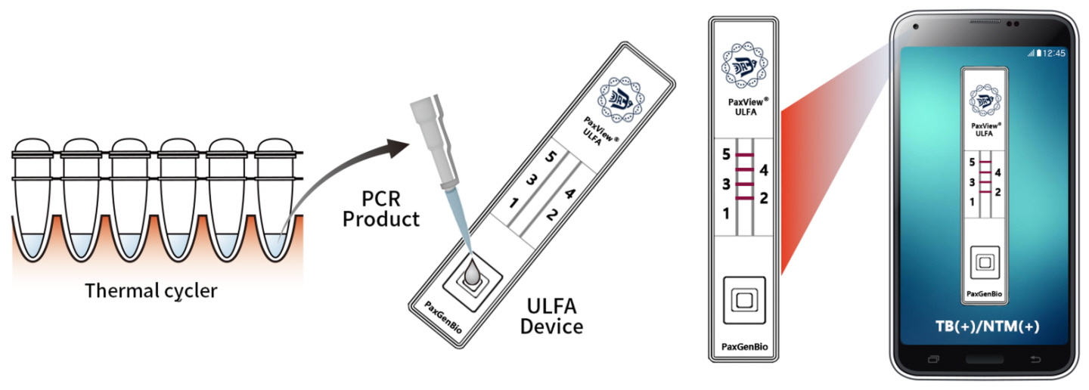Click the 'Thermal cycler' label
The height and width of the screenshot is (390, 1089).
click(x=151, y=290)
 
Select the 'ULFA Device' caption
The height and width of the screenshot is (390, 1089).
click(x=555, y=317)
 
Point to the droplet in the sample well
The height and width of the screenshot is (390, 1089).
click(x=470, y=276)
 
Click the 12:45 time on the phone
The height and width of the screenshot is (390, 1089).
click(x=1053, y=53)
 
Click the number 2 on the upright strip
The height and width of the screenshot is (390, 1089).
click(x=763, y=199)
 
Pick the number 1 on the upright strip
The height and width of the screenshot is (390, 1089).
click(x=726, y=214)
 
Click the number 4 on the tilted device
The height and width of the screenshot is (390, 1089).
click(x=569, y=193)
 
